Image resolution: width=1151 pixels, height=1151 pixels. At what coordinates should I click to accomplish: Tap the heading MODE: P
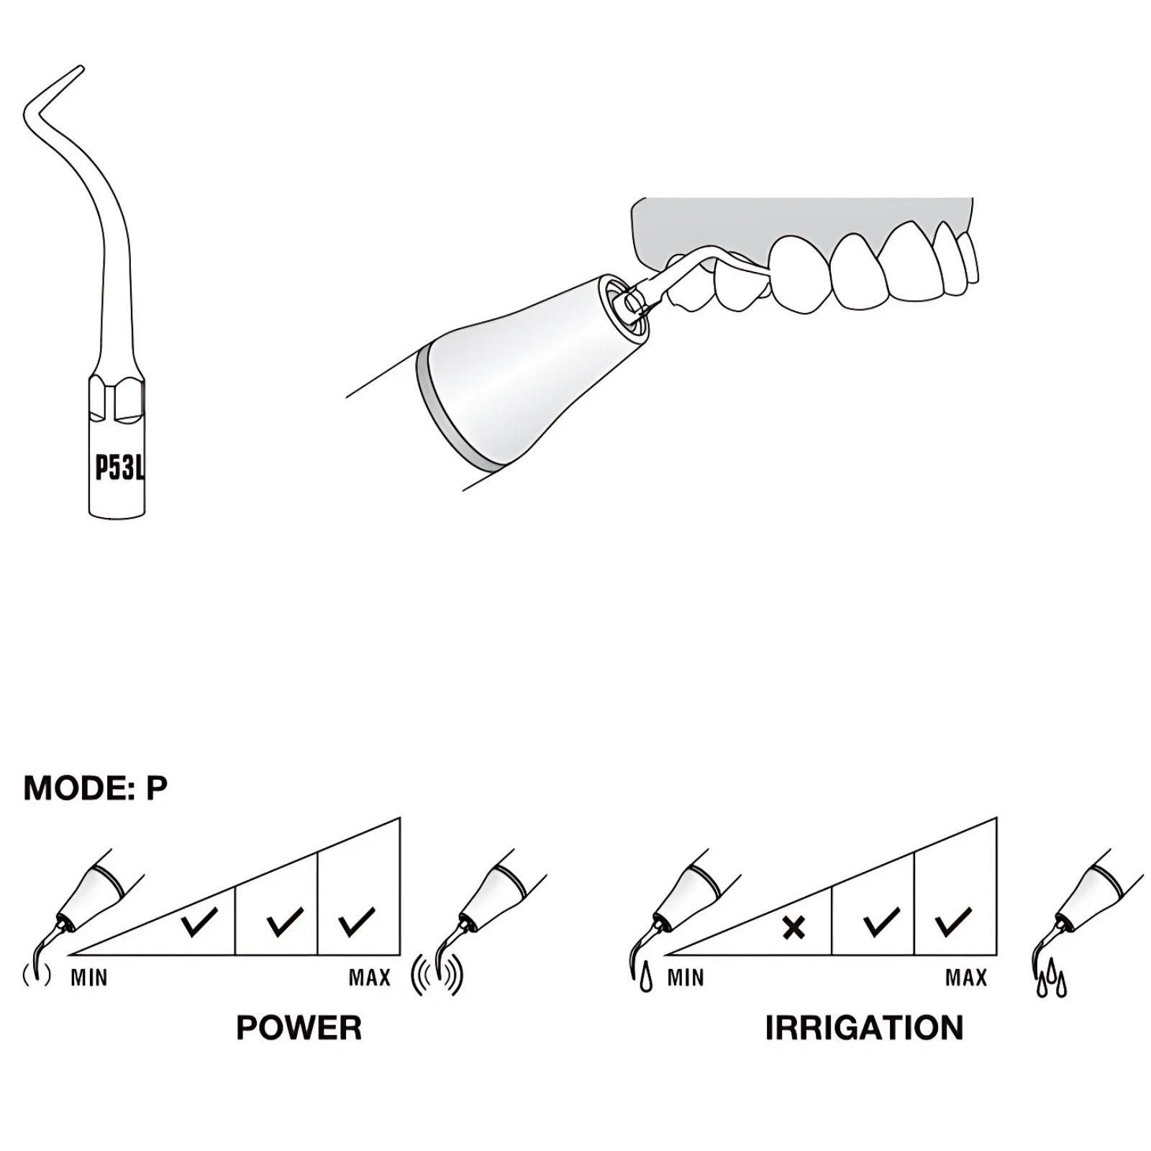click(x=96, y=788)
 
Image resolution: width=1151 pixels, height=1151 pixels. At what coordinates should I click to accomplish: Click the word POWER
click(x=299, y=1028)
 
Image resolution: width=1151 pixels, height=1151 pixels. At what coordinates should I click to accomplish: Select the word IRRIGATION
click(x=864, y=1028)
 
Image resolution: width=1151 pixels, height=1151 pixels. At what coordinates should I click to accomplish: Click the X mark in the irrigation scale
click(x=793, y=928)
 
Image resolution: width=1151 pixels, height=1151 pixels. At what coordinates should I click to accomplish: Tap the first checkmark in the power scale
click(x=199, y=922)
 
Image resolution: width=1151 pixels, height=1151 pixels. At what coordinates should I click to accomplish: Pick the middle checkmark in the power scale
click(x=284, y=922)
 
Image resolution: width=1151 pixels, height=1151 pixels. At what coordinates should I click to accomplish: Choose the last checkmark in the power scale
click(x=356, y=922)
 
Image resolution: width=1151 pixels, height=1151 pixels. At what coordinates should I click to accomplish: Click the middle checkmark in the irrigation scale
click(x=881, y=922)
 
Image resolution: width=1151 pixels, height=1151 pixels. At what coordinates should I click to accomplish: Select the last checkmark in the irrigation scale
click(x=953, y=922)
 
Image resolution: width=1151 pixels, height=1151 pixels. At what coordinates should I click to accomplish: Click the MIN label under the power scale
click(x=89, y=978)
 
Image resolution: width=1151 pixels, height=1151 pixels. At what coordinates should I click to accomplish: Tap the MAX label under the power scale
click(x=370, y=978)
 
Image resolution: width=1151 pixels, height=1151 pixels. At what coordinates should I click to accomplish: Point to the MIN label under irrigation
click(x=686, y=978)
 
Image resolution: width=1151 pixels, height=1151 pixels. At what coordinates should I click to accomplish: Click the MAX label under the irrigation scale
click(x=966, y=978)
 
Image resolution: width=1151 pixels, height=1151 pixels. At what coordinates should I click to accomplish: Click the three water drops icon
click(x=1052, y=978)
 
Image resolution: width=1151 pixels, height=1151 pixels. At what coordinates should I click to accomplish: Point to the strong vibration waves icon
click(x=437, y=976)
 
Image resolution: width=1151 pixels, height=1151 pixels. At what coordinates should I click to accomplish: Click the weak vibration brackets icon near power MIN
click(x=37, y=975)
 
